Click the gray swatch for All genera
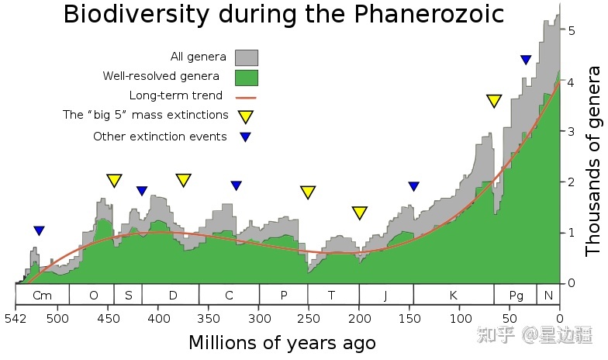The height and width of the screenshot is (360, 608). click(x=247, y=57)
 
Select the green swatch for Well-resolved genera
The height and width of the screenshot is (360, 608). click(x=247, y=77)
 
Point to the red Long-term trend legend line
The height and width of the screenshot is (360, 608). click(x=246, y=97)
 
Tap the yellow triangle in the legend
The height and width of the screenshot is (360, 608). click(x=246, y=117)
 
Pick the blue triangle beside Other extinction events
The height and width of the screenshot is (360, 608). click(x=246, y=137)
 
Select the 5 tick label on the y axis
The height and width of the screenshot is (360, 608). click(x=572, y=31)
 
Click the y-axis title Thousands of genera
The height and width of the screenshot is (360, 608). click(x=593, y=161)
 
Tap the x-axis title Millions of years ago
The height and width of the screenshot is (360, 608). click(x=282, y=343)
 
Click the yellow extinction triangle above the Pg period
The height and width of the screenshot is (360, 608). click(x=495, y=101)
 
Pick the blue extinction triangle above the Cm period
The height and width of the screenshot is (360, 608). click(x=40, y=230)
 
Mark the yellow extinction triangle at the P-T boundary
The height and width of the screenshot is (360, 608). click(x=308, y=192)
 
